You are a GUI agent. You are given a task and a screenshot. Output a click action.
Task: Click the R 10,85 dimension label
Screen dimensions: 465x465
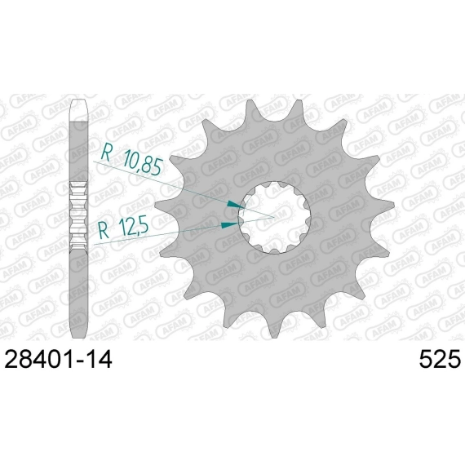[132, 161]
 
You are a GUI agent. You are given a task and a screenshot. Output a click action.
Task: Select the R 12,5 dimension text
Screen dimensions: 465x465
[123, 228]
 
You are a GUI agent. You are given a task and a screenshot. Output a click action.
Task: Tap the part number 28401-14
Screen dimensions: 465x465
[58, 359]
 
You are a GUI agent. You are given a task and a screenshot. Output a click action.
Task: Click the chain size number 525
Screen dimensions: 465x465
[440, 359]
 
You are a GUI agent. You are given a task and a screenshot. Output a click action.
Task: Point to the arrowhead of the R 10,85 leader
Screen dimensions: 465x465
[235, 205]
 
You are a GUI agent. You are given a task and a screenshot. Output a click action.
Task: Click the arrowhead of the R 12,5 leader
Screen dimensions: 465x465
[230, 225]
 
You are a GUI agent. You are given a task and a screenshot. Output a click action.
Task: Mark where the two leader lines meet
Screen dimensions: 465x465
[274, 217]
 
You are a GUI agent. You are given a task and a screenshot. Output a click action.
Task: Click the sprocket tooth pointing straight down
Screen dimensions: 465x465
[275, 326]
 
